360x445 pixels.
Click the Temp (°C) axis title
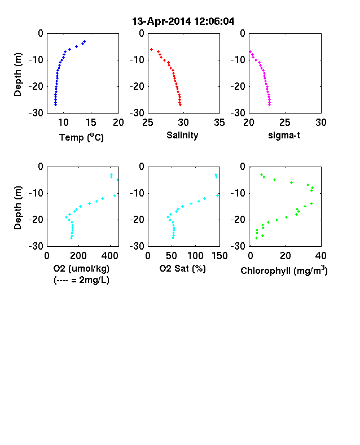tap(81, 137)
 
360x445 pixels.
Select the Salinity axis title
tap(182, 135)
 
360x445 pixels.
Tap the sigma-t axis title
tap(284, 136)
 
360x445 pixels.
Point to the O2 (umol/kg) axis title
tap(81, 268)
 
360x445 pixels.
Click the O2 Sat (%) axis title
tap(183, 268)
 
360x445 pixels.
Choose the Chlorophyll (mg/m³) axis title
tap(284, 271)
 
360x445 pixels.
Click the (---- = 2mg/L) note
tap(81, 280)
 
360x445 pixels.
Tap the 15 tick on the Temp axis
tap(91, 123)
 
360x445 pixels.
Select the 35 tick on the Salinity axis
tap(219, 123)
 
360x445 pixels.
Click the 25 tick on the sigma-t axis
tap(284, 123)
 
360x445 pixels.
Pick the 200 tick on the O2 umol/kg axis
tap(78, 256)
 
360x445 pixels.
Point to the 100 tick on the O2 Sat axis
tap(195, 256)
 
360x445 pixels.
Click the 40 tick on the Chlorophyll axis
tap(321, 256)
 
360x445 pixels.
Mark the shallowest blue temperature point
tap(84, 42)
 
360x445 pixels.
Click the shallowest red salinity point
tap(151, 49)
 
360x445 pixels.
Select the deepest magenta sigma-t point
tap(269, 104)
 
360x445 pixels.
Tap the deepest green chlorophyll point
tap(256, 238)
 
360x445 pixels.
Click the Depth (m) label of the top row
tap(18, 75)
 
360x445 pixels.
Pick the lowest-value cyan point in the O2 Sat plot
tap(168, 217)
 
